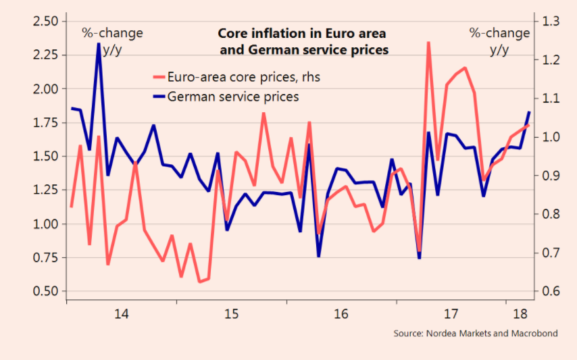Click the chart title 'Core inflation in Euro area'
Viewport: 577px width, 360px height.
(303, 33)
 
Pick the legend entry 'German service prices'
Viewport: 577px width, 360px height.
(233, 97)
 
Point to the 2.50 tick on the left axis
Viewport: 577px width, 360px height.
(45, 22)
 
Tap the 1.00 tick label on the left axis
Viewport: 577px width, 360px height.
(45, 224)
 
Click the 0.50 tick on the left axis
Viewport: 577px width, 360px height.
(45, 292)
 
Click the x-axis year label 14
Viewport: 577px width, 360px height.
(122, 314)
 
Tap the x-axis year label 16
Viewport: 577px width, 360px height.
(341, 314)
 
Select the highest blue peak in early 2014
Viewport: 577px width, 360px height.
(99, 44)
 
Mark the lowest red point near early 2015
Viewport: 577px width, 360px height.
(199, 282)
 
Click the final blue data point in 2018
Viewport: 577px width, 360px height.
(529, 112)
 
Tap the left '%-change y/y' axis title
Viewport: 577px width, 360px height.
(112, 41)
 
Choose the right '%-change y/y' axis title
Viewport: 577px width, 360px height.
(500, 41)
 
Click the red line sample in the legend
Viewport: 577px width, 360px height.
(160, 78)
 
